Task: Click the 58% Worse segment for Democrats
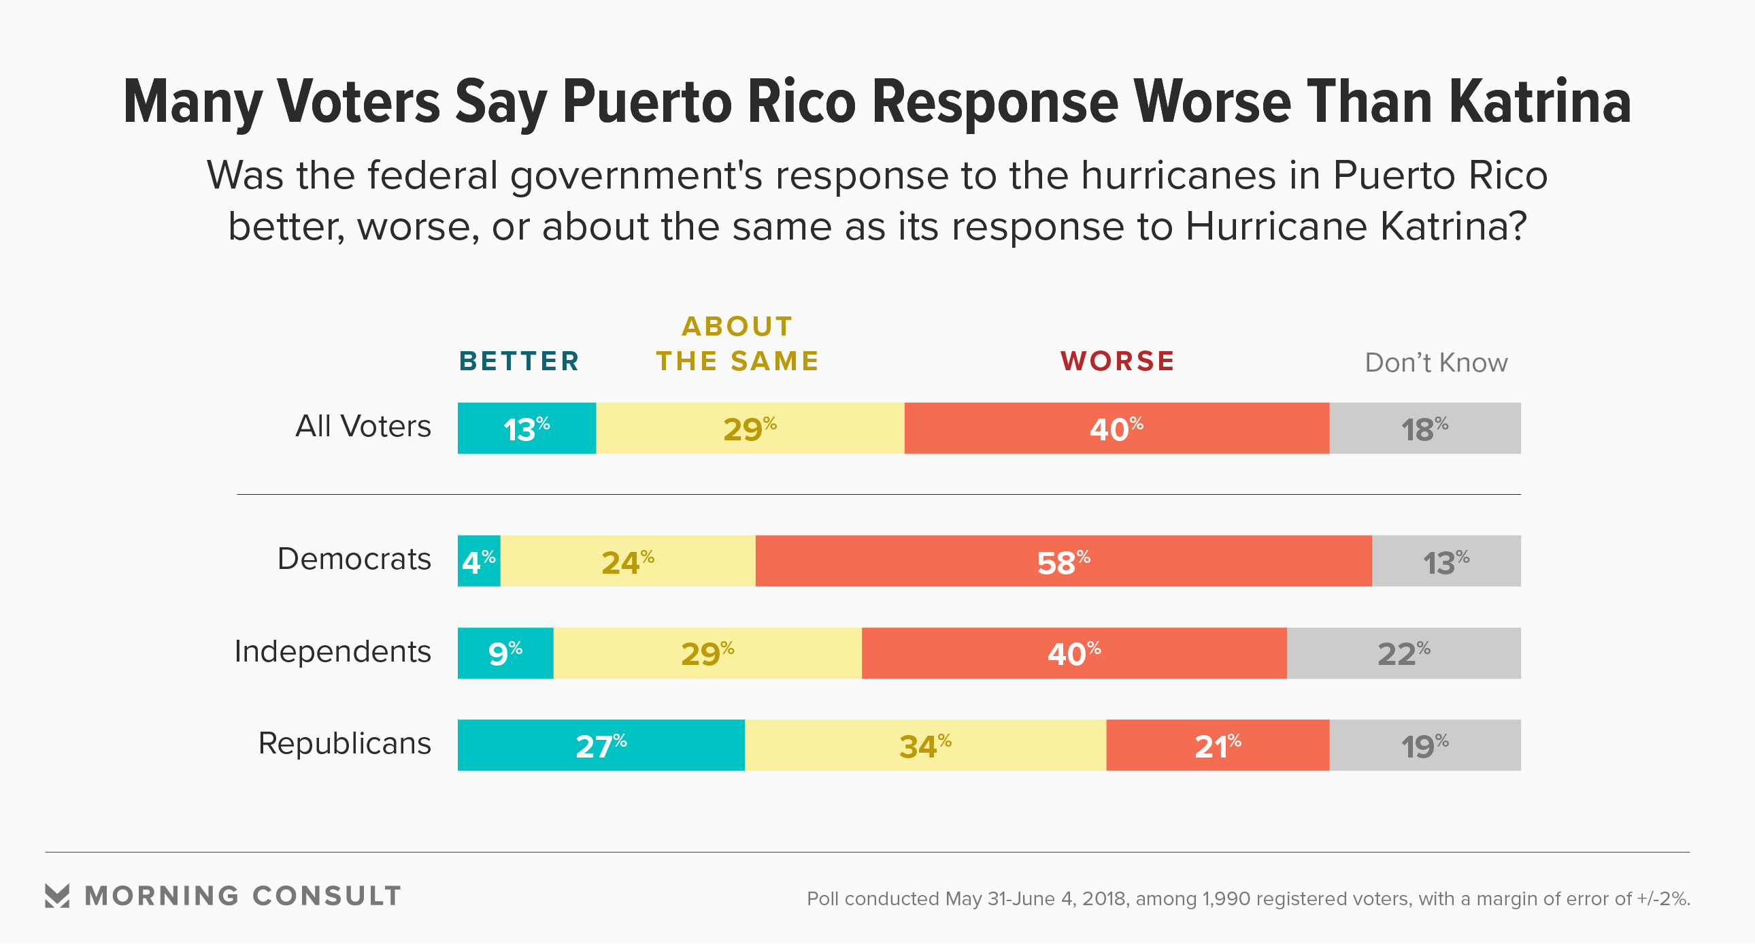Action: click(x=1063, y=561)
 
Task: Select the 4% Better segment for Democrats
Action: click(x=479, y=561)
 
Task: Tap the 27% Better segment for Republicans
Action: click(x=601, y=745)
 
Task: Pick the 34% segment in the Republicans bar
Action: click(x=925, y=745)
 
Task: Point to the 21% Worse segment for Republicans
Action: click(x=1218, y=745)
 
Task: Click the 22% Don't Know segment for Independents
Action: click(x=1403, y=653)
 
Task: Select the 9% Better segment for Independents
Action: click(x=505, y=653)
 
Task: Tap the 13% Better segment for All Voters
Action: click(x=526, y=428)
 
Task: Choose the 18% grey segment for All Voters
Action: click(x=1424, y=428)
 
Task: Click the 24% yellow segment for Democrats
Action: click(x=627, y=561)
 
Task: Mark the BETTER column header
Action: click(x=519, y=361)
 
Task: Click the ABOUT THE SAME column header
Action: click(x=737, y=344)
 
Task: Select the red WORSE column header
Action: click(x=1118, y=361)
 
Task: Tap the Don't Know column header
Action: click(x=1436, y=363)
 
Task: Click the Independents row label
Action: click(x=333, y=651)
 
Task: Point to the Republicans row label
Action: click(x=345, y=744)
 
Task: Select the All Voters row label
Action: click(x=363, y=427)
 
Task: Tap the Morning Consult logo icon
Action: click(x=57, y=896)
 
